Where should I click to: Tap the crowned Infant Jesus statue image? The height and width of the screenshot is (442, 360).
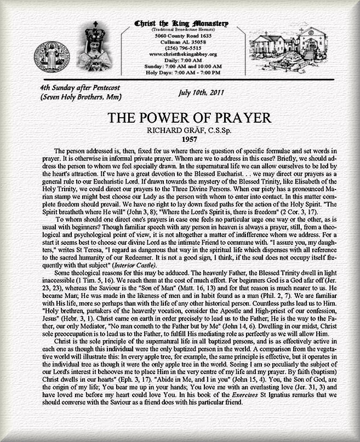pyautogui.click(x=100, y=48)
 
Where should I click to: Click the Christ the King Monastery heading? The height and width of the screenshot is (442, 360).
pyautogui.click(x=181, y=24)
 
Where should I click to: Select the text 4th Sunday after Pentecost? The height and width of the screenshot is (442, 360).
pyautogui.click(x=80, y=88)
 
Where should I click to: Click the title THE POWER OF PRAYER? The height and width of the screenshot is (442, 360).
pyautogui.click(x=181, y=118)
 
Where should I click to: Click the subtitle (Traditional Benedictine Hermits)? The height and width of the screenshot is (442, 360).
pyautogui.click(x=181, y=30)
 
